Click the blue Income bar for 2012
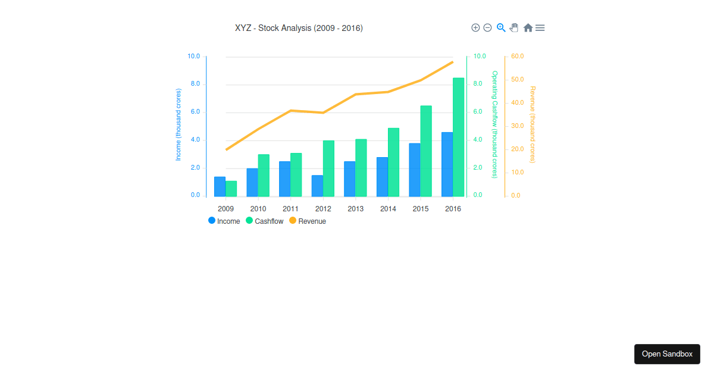tap(317, 186)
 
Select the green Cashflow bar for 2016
tap(458, 137)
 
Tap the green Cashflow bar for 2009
tap(231, 189)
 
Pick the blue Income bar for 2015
tap(415, 170)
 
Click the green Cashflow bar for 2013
tap(361, 168)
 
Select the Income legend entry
tap(224, 221)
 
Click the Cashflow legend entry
tap(265, 221)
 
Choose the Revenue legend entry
tap(308, 221)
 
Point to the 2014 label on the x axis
tap(388, 209)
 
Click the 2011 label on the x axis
tap(290, 209)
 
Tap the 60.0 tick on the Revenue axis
tap(517, 57)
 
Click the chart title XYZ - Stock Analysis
tap(299, 28)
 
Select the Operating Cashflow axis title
tap(494, 124)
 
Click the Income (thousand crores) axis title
tap(178, 124)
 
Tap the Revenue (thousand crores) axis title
tap(533, 124)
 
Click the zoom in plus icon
tap(475, 27)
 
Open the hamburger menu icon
tap(540, 27)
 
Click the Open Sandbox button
tap(667, 354)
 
